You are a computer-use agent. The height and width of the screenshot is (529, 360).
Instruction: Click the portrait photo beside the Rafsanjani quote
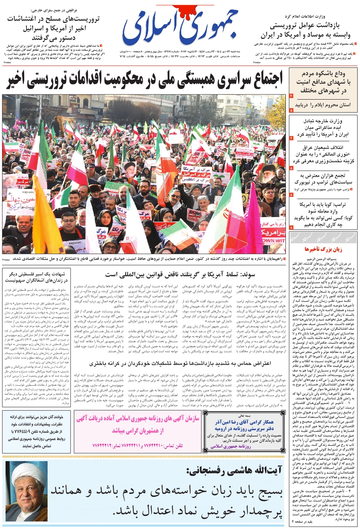(27, 491)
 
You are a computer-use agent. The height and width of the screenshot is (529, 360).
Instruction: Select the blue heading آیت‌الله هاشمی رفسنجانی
(234, 471)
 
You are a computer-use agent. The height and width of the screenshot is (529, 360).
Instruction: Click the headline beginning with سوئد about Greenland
(180, 274)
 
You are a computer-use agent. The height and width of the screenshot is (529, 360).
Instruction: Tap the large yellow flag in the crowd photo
(46, 222)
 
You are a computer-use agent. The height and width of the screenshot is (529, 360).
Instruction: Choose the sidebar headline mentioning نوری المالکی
(323, 155)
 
